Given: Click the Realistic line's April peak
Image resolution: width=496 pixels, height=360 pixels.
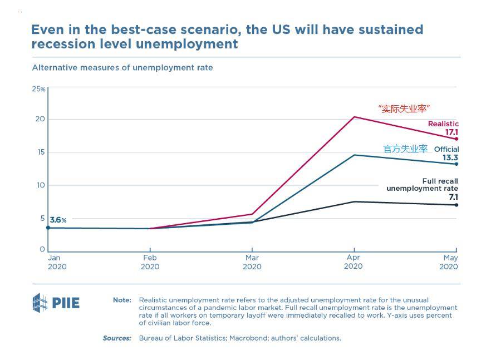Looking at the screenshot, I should point(354,117).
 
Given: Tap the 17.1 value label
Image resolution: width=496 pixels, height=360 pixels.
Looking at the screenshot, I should point(450,132).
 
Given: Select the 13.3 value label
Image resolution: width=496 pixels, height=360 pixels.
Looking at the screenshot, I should point(450,158).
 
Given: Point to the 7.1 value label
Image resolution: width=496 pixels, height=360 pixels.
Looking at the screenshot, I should point(453,197).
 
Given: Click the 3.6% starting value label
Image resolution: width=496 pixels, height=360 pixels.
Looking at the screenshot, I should point(58,220).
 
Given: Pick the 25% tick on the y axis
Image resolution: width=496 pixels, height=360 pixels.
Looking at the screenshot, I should point(38,89).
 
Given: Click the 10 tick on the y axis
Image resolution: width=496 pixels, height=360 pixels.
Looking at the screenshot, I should point(41,185).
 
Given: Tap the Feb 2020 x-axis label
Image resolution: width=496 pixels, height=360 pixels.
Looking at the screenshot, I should point(150,262).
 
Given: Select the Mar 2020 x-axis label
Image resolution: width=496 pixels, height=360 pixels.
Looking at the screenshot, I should point(252,262).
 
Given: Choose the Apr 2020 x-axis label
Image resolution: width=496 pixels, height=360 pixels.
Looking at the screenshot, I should point(353,262).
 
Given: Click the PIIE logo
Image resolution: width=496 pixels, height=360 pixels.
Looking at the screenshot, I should point(56,303).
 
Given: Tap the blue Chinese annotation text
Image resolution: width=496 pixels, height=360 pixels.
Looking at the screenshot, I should point(405,149).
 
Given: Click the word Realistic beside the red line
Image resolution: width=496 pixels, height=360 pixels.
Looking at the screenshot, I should point(443,124).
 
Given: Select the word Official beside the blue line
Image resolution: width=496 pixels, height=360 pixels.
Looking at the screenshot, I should point(446,149).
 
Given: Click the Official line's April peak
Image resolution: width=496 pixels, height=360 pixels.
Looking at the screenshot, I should point(354,155).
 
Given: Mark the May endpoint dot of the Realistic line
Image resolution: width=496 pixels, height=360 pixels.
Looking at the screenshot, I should point(456,139).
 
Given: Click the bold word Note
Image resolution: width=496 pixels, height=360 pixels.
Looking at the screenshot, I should point(122,300).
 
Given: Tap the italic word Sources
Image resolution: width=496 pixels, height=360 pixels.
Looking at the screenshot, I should point(117,338).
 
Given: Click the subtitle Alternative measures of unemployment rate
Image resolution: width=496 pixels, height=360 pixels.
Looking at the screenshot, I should point(122,68).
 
